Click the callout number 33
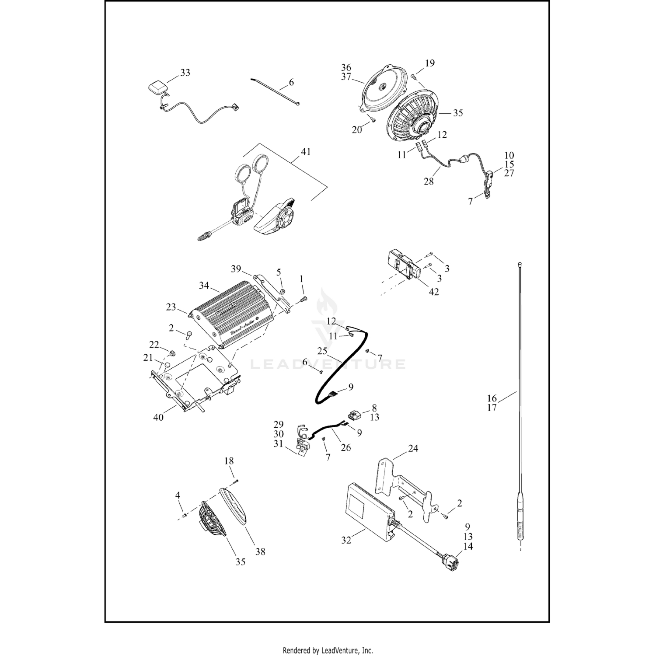tap(185, 73)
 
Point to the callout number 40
tap(158, 417)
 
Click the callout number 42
tap(433, 292)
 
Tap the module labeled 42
tap(403, 265)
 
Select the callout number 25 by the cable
tap(322, 351)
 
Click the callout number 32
tap(346, 540)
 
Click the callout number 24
tap(413, 448)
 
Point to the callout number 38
tap(260, 552)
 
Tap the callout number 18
tap(229, 461)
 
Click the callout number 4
tap(178, 495)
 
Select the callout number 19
tap(430, 63)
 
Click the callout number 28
tap(429, 181)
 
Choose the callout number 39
tap(236, 269)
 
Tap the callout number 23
tap(171, 307)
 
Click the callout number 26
tap(345, 447)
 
